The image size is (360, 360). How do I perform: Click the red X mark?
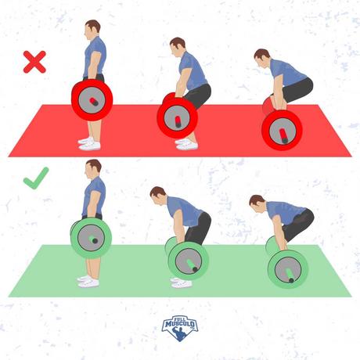click(34, 62)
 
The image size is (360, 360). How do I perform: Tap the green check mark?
click(36, 178)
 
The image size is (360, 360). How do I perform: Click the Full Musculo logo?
click(180, 328)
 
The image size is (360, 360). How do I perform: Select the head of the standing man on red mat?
click(92, 29)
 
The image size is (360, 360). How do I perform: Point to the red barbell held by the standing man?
click(92, 100)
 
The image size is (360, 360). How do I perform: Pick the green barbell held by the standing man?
click(91, 238)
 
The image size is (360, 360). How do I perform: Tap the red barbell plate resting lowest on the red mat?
click(282, 131)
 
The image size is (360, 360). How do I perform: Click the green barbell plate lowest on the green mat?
click(288, 269)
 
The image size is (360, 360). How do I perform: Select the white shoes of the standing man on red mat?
click(89, 144)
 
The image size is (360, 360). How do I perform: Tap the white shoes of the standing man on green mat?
click(88, 282)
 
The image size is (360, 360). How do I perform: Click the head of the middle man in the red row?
click(178, 46)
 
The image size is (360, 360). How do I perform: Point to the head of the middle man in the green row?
click(159, 196)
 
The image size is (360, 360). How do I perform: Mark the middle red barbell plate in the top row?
click(178, 117)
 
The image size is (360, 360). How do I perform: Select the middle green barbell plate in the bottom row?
click(189, 261)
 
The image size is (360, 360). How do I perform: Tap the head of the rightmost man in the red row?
click(262, 59)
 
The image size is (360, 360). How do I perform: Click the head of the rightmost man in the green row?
click(257, 204)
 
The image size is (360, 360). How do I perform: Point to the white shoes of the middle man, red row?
click(186, 144)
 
